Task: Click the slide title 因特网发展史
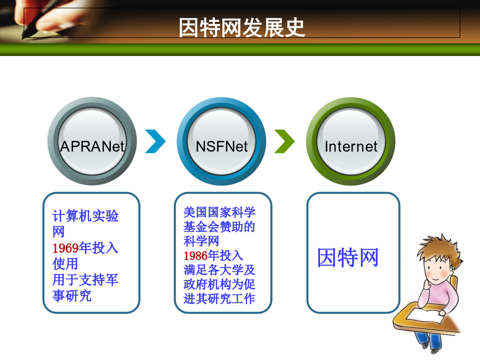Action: click(242, 28)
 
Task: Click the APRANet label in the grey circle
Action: click(92, 146)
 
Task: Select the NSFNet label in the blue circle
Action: click(221, 146)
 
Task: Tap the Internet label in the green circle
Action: click(351, 146)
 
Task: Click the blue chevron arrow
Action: click(156, 141)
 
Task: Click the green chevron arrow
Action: click(285, 141)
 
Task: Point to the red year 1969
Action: click(66, 248)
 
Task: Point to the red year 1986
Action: click(196, 255)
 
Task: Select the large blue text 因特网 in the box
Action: click(348, 258)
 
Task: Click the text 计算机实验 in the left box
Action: click(85, 216)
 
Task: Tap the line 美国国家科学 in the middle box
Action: click(219, 212)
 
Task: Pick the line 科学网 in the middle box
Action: click(201, 241)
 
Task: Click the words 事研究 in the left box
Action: click(72, 295)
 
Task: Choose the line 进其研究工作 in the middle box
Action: click(219, 299)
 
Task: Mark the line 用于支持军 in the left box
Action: click(85, 280)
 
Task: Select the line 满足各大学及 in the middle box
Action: click(219, 270)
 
